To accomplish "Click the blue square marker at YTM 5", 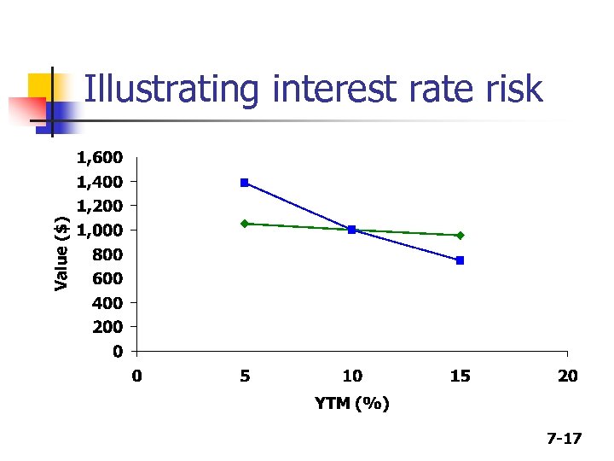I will [245, 183].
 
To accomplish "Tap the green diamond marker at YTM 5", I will [245, 224].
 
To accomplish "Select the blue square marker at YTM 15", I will [460, 260].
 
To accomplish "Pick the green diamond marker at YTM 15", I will [460, 235].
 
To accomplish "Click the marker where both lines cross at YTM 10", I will [352, 230].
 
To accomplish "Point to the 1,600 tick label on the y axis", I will [100, 158].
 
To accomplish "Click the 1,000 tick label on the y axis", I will [100, 230].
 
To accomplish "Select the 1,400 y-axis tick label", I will [100, 182].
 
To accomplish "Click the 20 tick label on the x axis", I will [568, 376].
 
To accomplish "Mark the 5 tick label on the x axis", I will [245, 376].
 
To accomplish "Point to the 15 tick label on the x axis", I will [460, 376].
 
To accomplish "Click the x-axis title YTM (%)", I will [352, 403].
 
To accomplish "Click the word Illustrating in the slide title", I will [159, 90].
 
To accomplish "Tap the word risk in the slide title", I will [513, 88].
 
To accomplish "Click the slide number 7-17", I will [564, 439].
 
